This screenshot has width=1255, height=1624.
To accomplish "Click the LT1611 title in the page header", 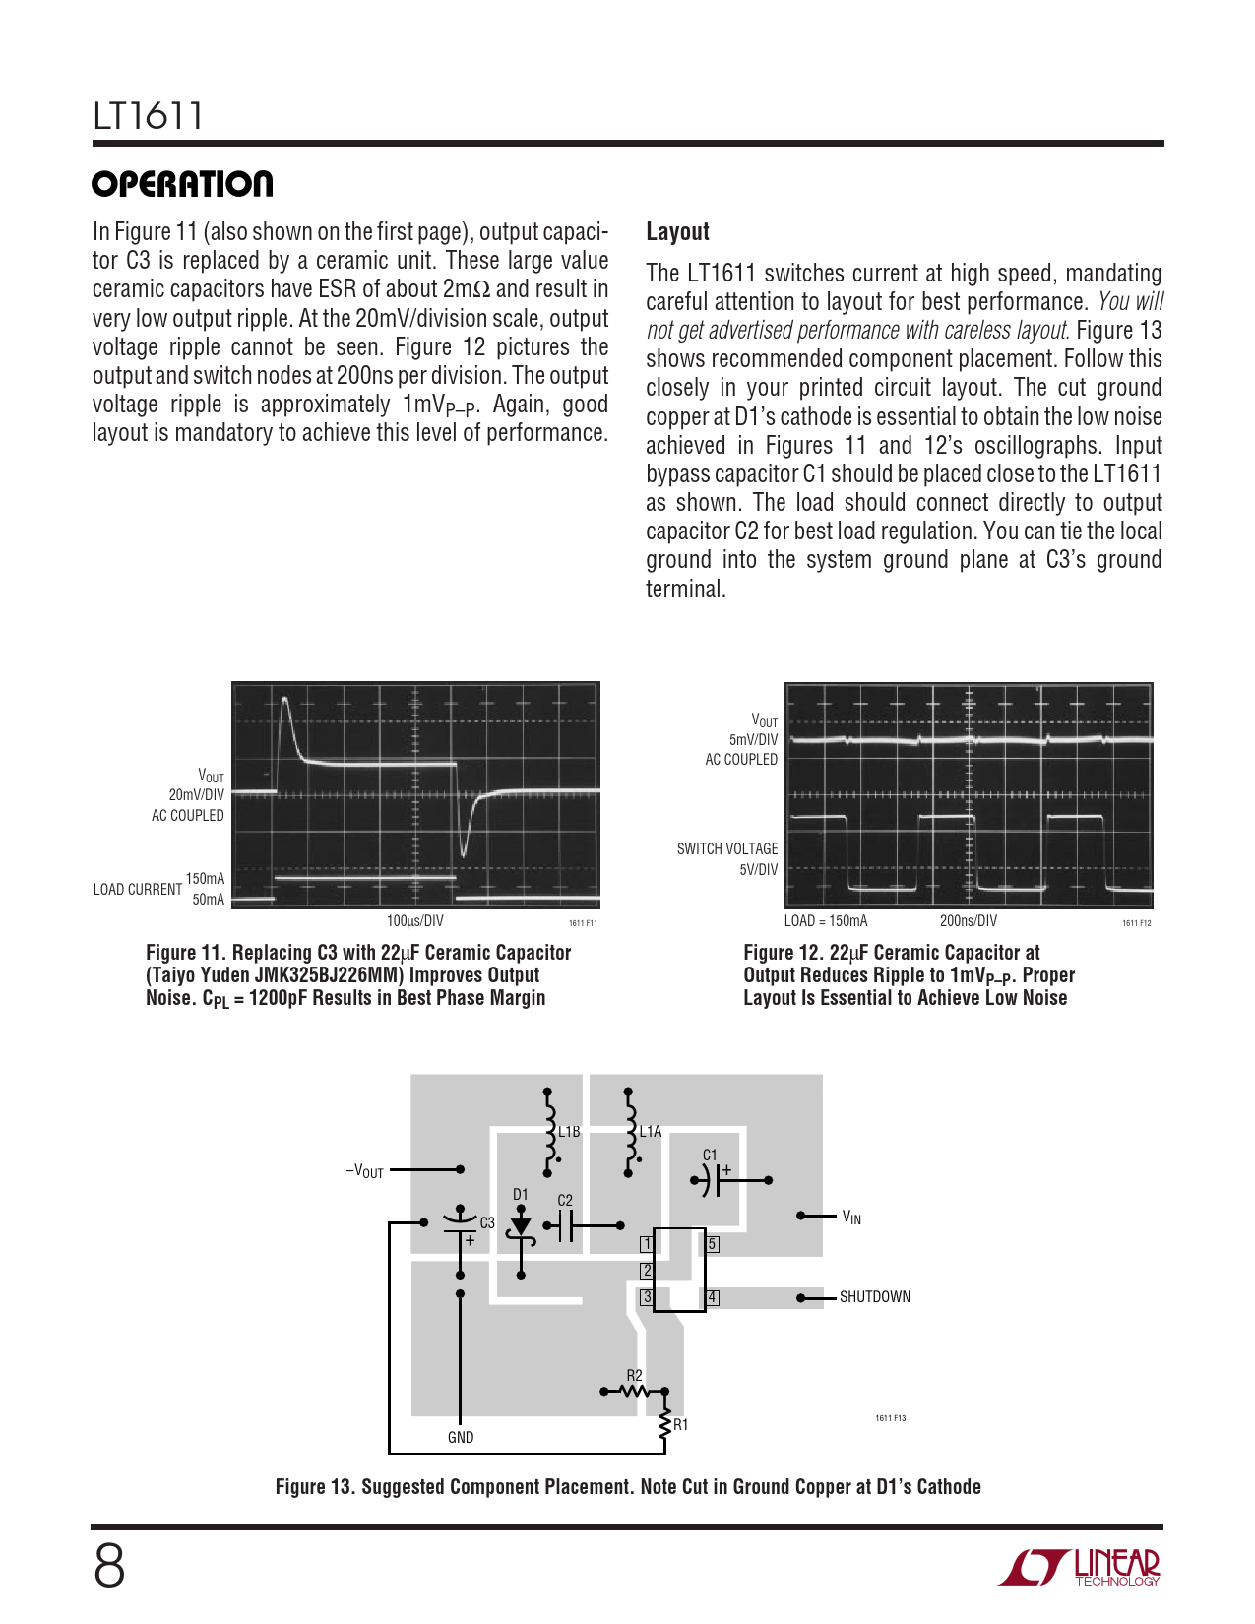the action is [148, 116].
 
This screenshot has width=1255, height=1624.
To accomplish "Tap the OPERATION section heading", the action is [182, 184].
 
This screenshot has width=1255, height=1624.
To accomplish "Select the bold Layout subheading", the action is [677, 232].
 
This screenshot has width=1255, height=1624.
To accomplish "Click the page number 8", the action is [109, 1567].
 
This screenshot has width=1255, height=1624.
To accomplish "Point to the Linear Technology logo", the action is [1078, 1568].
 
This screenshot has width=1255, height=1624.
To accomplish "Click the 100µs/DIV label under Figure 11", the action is [414, 920].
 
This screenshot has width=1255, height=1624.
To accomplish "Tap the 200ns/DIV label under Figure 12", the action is [968, 920].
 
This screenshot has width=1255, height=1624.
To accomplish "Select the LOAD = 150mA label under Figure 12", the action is [825, 920].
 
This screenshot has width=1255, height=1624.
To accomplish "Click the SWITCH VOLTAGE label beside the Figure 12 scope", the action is [727, 849].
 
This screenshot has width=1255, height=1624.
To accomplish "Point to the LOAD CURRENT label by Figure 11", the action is [138, 890].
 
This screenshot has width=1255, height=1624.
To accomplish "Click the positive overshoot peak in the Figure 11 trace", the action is [284, 700].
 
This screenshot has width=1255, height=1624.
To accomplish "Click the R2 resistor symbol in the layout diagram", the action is [635, 1392].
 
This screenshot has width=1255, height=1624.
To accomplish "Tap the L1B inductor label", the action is [569, 1132].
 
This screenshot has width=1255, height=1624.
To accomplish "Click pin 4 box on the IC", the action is [713, 1298].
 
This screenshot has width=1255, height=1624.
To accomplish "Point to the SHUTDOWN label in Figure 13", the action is [874, 1297].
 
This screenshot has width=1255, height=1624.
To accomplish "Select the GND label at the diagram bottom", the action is [461, 1437].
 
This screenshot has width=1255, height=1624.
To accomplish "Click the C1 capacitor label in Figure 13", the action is [710, 1155].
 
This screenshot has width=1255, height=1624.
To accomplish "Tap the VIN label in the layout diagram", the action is [851, 1218].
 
